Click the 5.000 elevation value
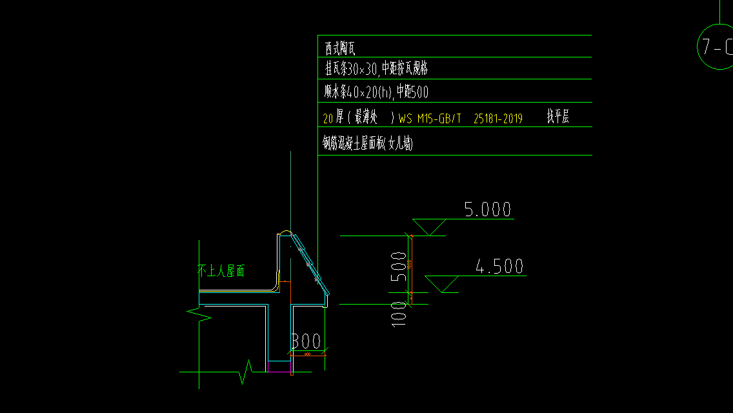[487, 210]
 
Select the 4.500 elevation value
[499, 267]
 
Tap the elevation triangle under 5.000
[428, 227]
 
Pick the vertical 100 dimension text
[399, 313]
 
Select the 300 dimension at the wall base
[306, 341]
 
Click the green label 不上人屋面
[221, 272]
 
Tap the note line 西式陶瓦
[340, 48]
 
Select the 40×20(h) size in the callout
[369, 92]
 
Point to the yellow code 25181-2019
[498, 119]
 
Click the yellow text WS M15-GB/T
[430, 119]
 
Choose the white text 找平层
[558, 117]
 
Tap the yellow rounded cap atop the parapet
[285, 232]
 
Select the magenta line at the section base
[279, 372]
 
